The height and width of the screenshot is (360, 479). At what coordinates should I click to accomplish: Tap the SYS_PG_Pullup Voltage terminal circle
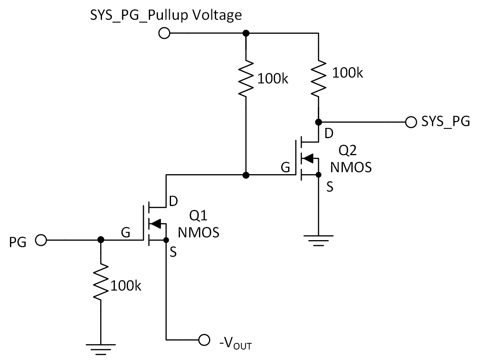tap(164, 33)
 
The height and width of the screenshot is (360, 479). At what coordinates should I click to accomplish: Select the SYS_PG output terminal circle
tap(410, 122)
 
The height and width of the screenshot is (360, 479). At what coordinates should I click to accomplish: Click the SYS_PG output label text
tap(445, 122)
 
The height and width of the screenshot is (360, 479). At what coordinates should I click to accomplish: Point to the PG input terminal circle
tap(40, 240)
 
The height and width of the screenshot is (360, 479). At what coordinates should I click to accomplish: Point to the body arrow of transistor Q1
tap(155, 223)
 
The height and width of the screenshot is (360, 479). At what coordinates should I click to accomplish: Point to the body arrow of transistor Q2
tap(307, 158)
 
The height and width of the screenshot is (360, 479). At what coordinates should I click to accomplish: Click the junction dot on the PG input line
tap(100, 240)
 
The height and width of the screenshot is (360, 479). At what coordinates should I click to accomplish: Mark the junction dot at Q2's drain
tap(318, 122)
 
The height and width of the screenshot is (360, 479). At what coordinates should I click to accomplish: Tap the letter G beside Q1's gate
tap(125, 233)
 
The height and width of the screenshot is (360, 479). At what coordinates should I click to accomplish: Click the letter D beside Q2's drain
tap(329, 134)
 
